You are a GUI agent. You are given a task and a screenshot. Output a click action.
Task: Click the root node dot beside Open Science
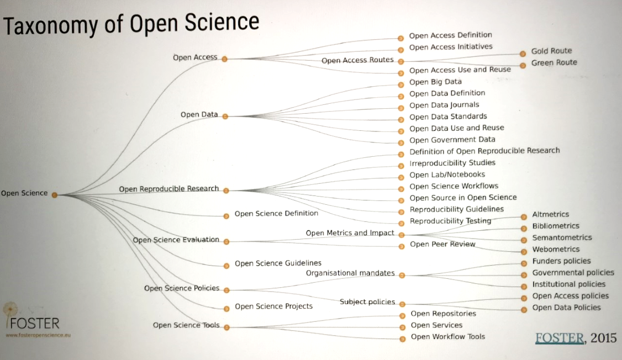tap(55, 194)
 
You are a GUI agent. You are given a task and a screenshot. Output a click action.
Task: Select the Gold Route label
tap(551, 51)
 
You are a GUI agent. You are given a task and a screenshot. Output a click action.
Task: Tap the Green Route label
tap(554, 62)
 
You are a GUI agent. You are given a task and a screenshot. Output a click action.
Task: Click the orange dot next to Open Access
tap(225, 59)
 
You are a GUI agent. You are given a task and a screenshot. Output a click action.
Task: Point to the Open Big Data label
tap(435, 82)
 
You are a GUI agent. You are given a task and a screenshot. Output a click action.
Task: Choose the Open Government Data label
tap(452, 140)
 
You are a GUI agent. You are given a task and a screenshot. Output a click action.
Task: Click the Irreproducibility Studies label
tap(452, 163)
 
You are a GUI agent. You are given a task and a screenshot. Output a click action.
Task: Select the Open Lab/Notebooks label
tap(447, 174)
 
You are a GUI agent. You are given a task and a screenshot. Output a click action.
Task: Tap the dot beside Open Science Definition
tap(226, 215)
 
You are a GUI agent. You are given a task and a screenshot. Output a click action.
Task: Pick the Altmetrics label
tap(550, 214)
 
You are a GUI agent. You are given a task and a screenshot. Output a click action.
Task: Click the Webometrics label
tap(556, 249)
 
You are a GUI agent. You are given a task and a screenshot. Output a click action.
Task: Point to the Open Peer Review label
tap(442, 244)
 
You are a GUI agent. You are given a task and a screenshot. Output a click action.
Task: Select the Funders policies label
tap(561, 261)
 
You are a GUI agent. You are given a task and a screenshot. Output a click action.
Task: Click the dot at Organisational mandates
tap(402, 275)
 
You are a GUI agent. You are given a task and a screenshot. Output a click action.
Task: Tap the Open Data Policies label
tap(566, 308)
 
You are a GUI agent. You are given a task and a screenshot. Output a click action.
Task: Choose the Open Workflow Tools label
tap(447, 337)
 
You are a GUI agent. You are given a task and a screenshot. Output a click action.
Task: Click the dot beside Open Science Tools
tap(226, 327)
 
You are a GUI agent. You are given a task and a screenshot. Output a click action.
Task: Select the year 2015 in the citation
tap(603, 338)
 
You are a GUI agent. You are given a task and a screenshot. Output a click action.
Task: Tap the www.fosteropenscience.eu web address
tap(38, 335)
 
